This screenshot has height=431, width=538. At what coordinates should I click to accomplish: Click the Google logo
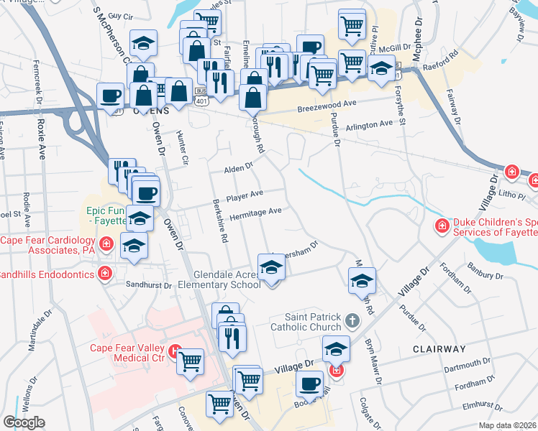[24, 423]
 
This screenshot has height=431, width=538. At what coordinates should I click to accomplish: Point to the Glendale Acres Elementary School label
[227, 279]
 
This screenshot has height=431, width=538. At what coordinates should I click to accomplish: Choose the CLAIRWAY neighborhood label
[439, 348]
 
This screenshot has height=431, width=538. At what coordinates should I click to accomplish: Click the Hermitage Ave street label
[255, 213]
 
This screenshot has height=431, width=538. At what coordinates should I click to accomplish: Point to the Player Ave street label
[245, 195]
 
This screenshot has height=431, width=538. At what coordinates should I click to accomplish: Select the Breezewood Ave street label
[327, 106]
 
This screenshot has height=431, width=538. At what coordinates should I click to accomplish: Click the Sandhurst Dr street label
[147, 285]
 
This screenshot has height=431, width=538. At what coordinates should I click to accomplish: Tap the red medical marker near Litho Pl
[511, 172]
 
